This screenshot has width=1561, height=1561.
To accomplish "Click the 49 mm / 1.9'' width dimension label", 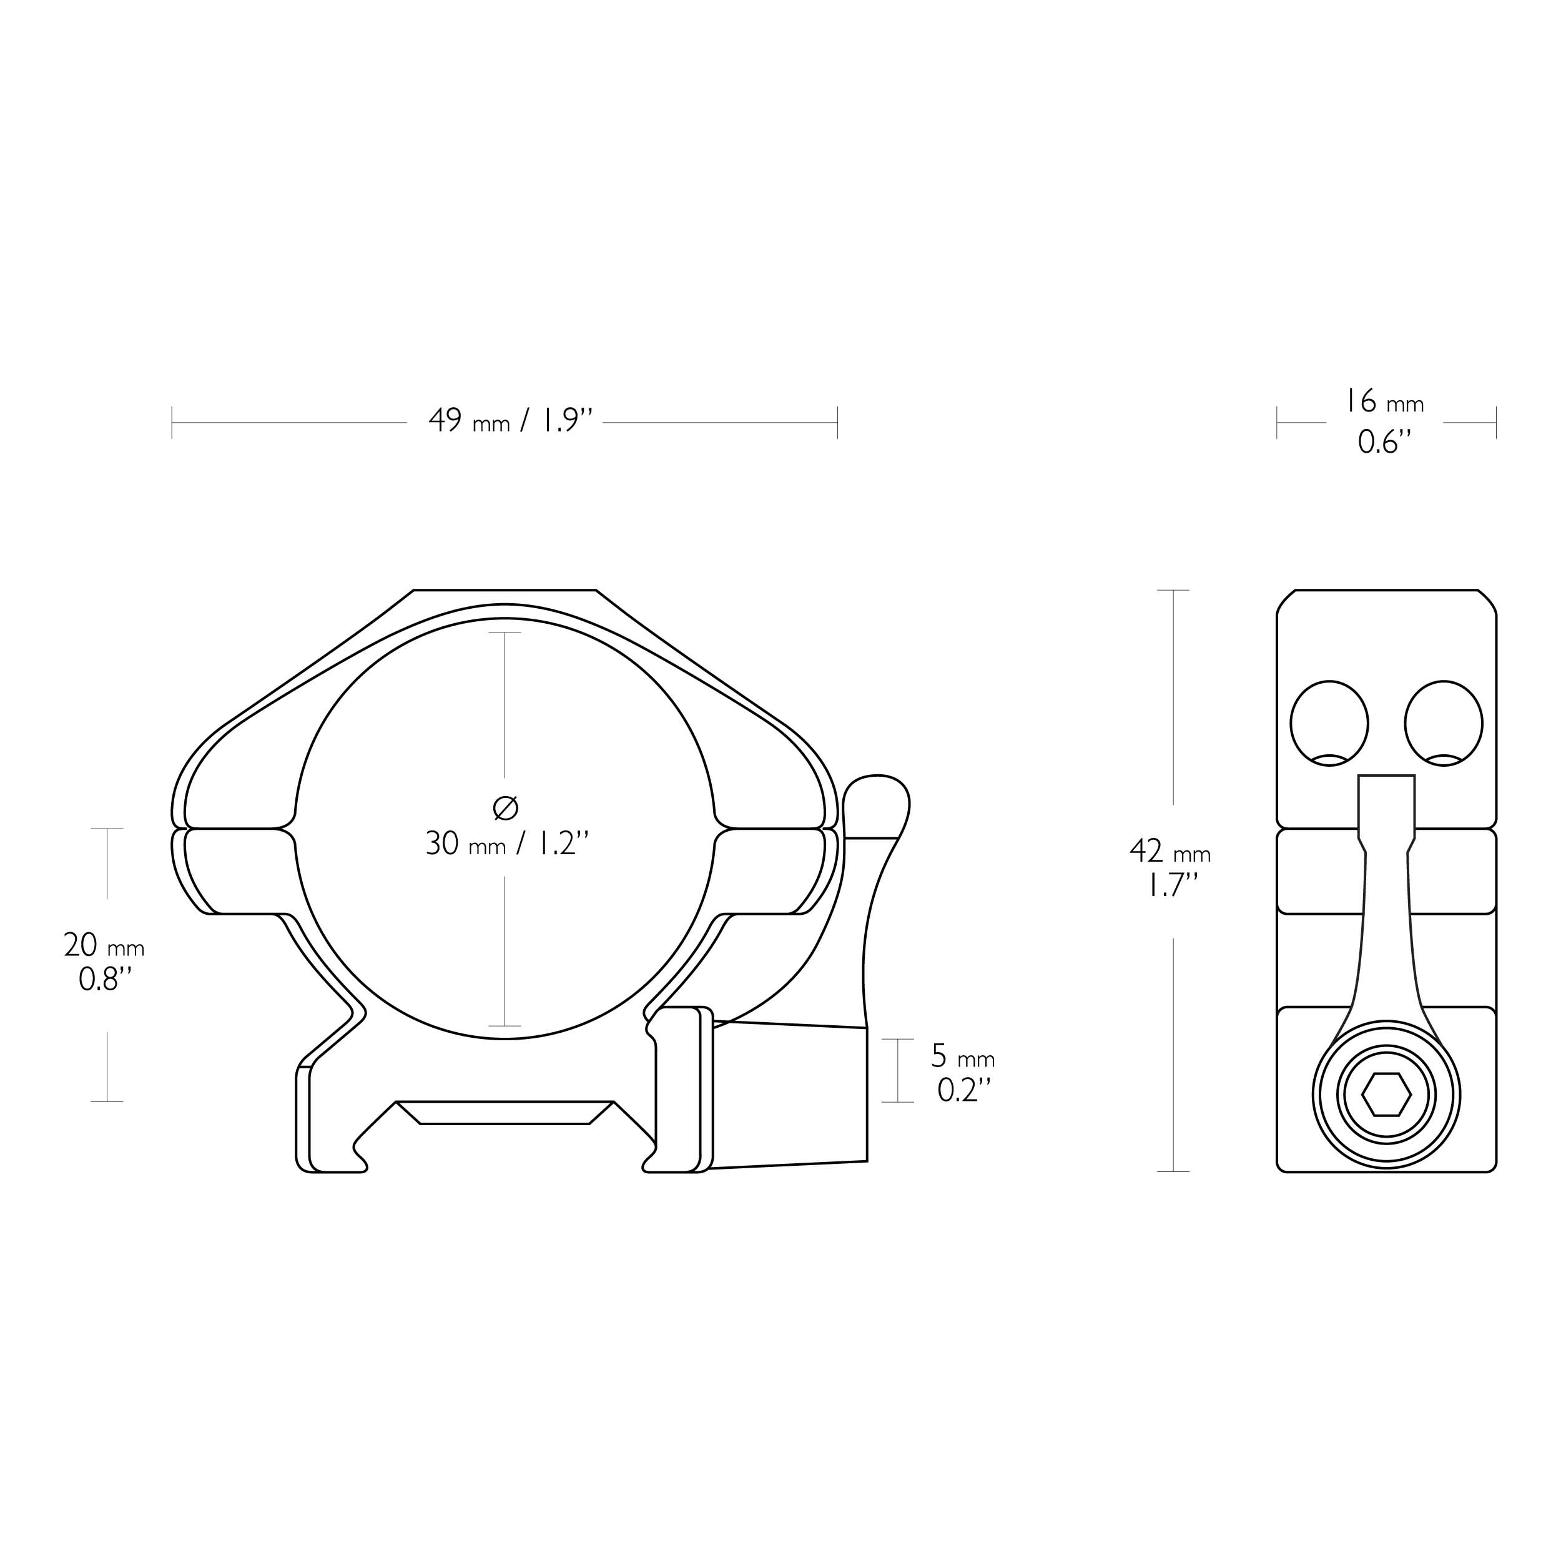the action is pyautogui.click(x=511, y=421).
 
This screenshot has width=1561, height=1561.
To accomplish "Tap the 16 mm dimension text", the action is pyautogui.click(x=1383, y=401).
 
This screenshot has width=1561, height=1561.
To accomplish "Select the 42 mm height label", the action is pyautogui.click(x=1170, y=851).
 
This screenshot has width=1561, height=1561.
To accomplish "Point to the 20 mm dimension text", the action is pyautogui.click(x=104, y=945).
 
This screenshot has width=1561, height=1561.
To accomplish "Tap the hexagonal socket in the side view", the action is pyautogui.click(x=1386, y=1096).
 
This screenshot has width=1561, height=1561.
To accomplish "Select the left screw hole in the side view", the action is pyautogui.click(x=1329, y=723).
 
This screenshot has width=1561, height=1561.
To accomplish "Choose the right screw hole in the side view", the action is pyautogui.click(x=1444, y=723).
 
